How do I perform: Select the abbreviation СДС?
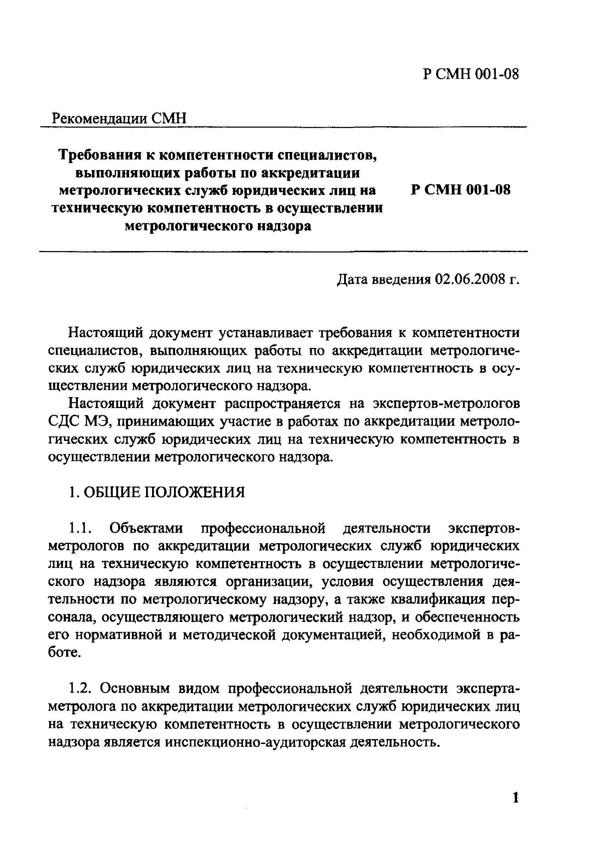pos(65,421)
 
